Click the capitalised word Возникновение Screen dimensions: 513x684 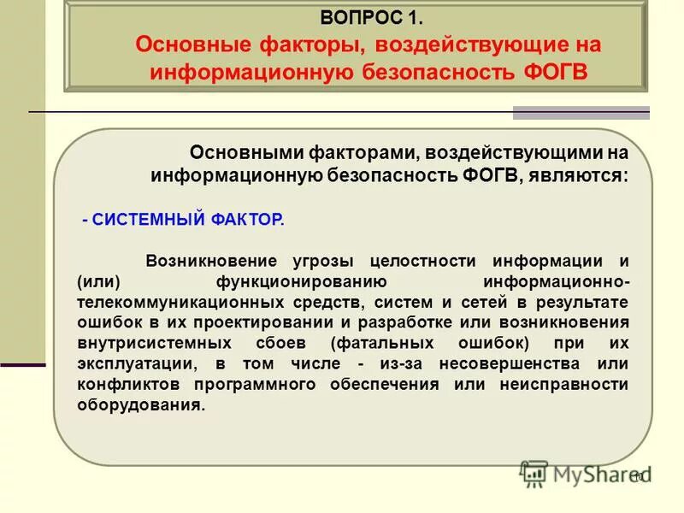pos(211,261)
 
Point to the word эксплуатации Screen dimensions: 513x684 pos(128,363)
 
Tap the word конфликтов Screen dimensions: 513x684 pos(123,384)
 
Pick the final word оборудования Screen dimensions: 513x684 pos(140,405)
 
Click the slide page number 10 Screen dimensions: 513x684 pos(638,476)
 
